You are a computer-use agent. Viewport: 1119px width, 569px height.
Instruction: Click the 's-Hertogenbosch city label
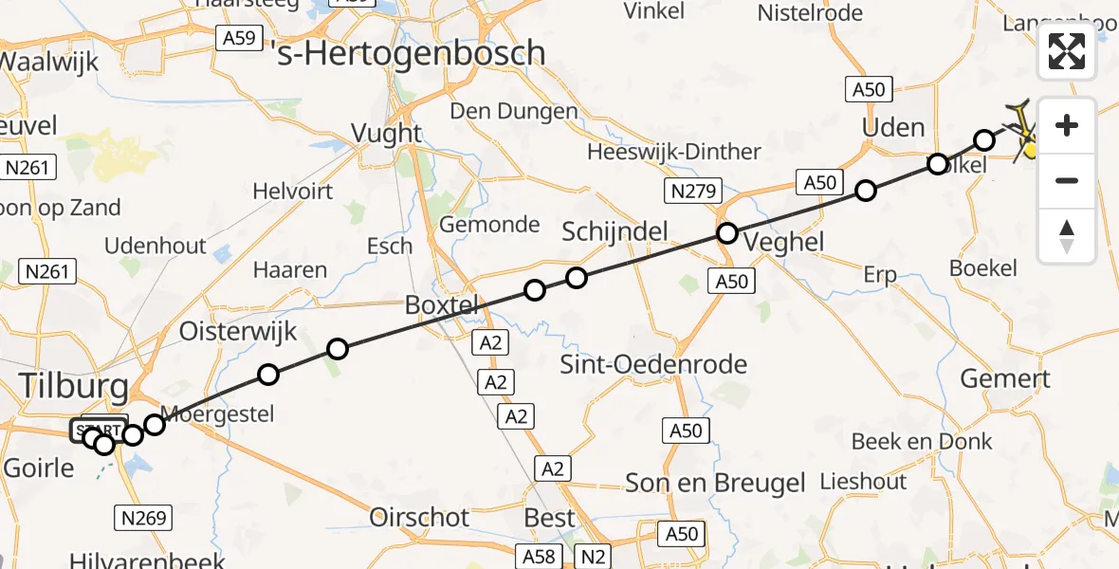coord(409,53)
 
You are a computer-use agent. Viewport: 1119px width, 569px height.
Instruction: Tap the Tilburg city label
coord(73,387)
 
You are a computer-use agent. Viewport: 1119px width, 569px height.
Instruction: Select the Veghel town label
coord(783,242)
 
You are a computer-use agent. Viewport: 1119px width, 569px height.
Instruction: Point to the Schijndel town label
coord(615,231)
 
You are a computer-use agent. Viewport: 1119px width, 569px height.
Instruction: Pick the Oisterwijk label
coord(238,332)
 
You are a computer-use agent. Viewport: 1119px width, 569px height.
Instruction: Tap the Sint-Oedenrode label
coord(653,364)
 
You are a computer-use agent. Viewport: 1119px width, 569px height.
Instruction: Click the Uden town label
coord(892,127)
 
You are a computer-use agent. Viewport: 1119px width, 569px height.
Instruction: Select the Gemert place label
coord(1005,379)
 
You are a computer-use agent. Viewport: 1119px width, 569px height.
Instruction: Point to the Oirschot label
coord(419,518)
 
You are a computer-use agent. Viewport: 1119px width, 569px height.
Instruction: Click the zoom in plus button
coord(1067,126)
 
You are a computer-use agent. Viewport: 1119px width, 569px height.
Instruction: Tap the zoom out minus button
coord(1067,180)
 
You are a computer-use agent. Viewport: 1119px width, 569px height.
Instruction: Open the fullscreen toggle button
coord(1067,51)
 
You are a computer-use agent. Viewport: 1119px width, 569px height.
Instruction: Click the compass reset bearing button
coord(1067,235)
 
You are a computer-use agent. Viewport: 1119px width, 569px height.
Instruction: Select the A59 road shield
coord(238,39)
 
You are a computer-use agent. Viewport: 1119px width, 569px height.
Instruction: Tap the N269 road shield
coord(144,518)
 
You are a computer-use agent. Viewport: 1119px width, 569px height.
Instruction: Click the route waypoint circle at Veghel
coord(726,233)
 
